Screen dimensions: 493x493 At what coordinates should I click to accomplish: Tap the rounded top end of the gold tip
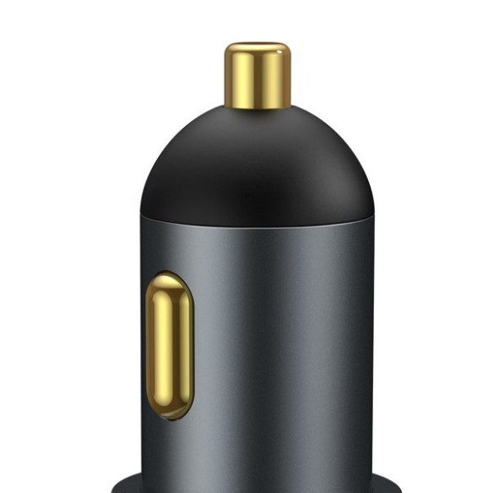[x=257, y=47]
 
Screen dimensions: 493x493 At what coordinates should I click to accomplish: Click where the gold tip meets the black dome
[x=257, y=107]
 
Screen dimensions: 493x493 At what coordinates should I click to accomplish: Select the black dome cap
[x=257, y=165]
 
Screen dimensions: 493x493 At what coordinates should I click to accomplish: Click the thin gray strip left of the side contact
[x=144, y=346]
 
